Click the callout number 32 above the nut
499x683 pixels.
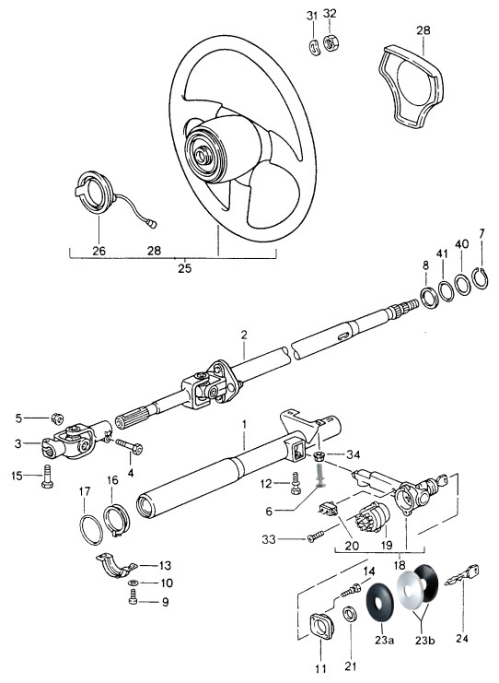point(330,14)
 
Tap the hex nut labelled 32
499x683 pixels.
point(331,42)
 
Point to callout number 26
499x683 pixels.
point(99,251)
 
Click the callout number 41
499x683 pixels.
point(443,254)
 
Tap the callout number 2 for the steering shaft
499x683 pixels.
point(244,335)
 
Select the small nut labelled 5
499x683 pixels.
point(57,418)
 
